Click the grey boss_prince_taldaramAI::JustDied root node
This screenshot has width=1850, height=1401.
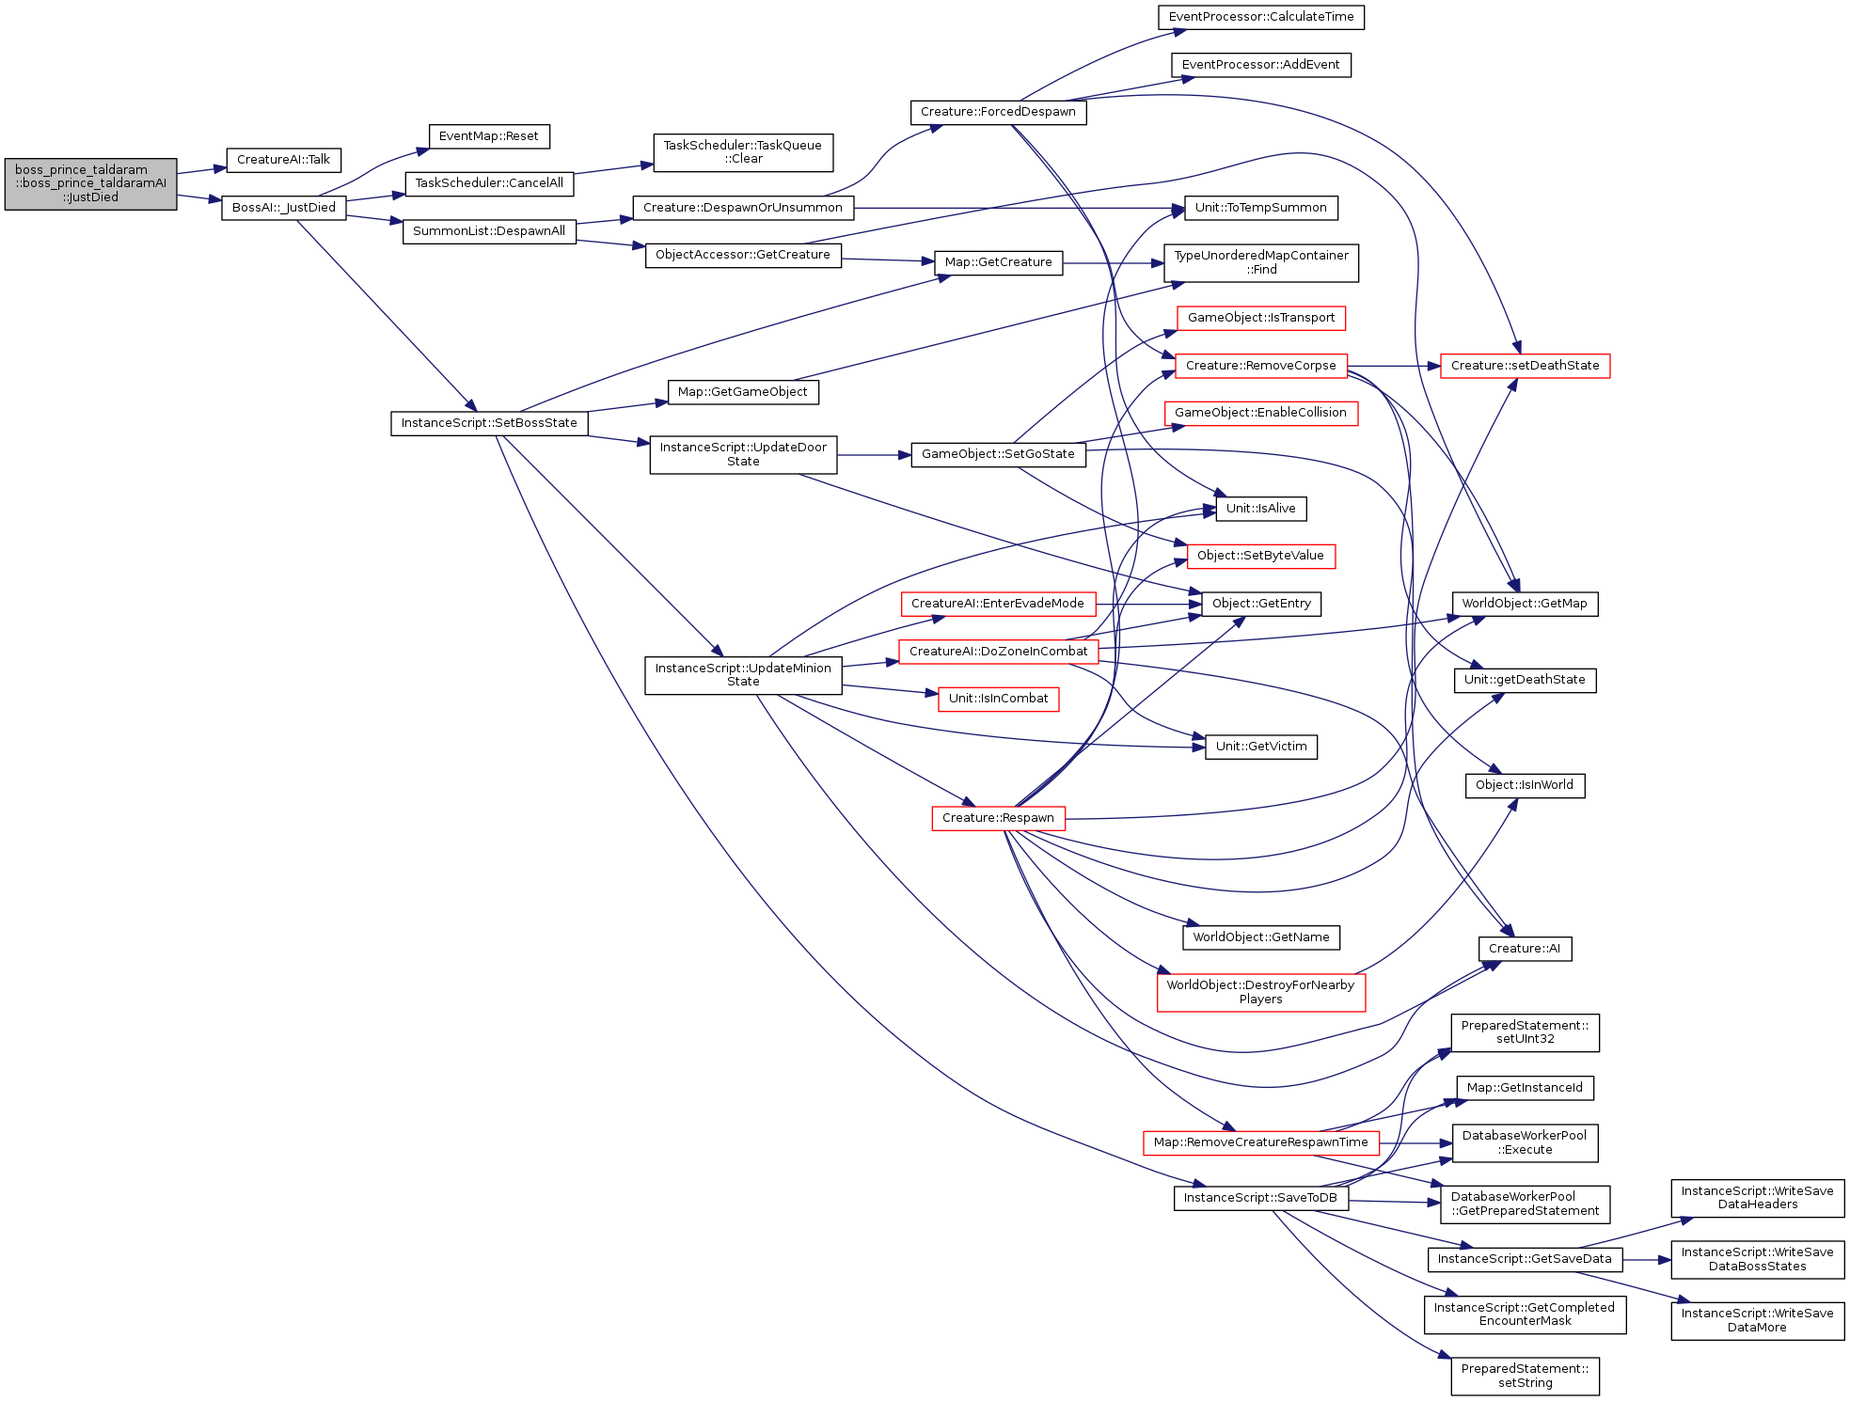[x=90, y=183]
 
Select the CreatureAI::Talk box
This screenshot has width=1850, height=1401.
[x=283, y=160]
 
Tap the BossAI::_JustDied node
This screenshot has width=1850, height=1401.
[x=284, y=208]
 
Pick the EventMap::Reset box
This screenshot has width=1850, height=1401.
[x=489, y=136]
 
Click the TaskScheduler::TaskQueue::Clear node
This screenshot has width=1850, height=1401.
[x=743, y=152]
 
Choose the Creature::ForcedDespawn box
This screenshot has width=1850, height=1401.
[x=998, y=112]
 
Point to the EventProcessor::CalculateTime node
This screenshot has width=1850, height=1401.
[x=1261, y=17]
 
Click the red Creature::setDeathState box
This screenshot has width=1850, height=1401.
[x=1525, y=366]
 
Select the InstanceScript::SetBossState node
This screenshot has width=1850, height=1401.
[x=489, y=423]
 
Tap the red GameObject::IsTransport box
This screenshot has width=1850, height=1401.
[x=1261, y=318]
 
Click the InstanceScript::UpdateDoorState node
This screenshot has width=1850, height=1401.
[x=743, y=454]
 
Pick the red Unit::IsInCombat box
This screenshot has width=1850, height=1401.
[x=998, y=699]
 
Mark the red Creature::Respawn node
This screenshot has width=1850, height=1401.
[x=998, y=818]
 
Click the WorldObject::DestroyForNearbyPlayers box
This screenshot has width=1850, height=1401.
[x=1261, y=992]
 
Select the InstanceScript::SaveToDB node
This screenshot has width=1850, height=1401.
[x=1260, y=1198]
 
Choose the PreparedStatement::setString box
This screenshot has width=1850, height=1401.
[x=1525, y=1376]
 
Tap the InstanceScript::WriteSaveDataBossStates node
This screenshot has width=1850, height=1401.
[x=1757, y=1259]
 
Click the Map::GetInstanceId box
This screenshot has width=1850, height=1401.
[x=1525, y=1088]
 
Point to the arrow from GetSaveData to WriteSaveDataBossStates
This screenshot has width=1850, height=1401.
[x=1647, y=1260]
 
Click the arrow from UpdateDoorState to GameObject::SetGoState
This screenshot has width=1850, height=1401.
[x=874, y=455]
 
